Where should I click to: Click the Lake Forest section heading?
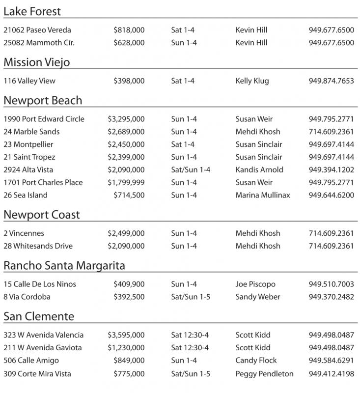pos(32,11)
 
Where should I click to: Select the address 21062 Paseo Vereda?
pos(37,30)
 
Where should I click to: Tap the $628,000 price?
pos(129,43)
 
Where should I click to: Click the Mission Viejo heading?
pos(37,62)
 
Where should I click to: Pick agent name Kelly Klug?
pos(252,81)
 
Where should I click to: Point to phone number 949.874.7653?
pos(331,81)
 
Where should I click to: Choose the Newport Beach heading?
pos(43,100)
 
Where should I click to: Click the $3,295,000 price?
pos(126,119)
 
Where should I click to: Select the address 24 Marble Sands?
pos(31,132)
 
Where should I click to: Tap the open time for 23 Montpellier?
pos(183,144)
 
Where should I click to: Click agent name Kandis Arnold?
pos(259,170)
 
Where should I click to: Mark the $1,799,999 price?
pos(126,182)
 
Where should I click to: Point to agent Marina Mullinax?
pos(263,195)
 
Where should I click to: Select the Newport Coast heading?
pos(42,215)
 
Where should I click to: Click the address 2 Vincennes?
pos(24,233)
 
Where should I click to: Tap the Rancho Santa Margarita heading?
pos(64,266)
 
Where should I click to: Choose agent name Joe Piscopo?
pos(255,284)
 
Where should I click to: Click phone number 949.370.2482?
pos(331,297)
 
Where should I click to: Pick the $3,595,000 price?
pos(126,335)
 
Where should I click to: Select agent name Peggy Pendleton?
pos(264,373)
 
